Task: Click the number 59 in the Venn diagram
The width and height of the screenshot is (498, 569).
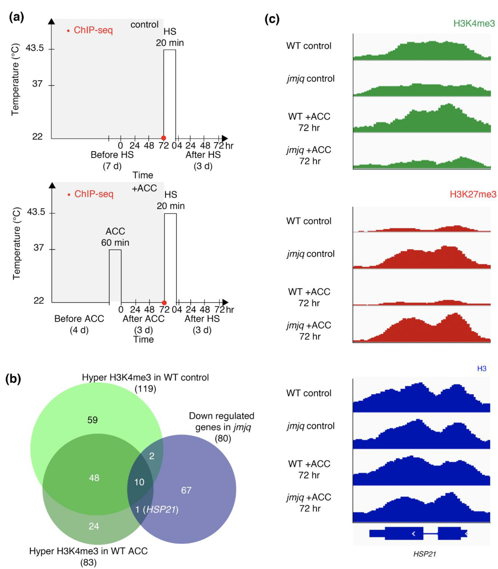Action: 92,420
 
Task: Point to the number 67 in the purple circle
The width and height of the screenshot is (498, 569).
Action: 186,490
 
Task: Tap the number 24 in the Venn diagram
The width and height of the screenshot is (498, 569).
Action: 94,526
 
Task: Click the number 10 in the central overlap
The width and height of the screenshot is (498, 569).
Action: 139,482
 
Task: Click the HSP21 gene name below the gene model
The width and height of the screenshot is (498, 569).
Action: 424,554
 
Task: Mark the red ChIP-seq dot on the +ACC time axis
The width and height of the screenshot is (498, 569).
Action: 164,303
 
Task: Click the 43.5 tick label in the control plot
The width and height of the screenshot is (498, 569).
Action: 35,48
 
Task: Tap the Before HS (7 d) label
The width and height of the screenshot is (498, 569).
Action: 112,160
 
